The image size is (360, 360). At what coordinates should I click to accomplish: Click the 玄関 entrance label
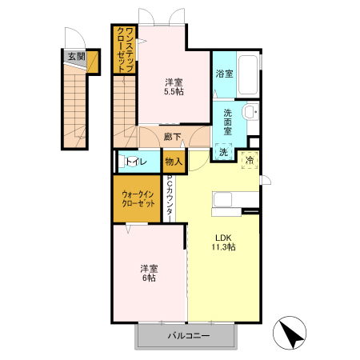(x=76, y=57)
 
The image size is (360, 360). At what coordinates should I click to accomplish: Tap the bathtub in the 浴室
(x=248, y=74)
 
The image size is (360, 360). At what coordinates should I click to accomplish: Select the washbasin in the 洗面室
(x=250, y=112)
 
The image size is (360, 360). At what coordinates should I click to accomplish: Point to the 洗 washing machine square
(x=223, y=152)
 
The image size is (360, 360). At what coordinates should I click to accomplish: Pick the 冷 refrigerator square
(x=250, y=160)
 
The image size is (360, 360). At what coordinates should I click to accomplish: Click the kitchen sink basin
(x=222, y=199)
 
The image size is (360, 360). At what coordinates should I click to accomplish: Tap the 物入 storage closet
(x=174, y=162)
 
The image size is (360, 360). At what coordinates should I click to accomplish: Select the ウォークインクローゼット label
(x=138, y=198)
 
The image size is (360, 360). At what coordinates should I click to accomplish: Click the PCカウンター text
(x=170, y=195)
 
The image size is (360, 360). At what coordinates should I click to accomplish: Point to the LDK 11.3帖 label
(x=223, y=242)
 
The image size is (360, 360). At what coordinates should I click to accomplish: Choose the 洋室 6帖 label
(x=149, y=273)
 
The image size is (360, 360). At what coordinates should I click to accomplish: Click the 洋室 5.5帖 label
(x=174, y=87)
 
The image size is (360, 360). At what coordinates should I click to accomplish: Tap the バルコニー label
(x=189, y=335)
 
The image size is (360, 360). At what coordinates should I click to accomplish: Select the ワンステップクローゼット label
(x=125, y=50)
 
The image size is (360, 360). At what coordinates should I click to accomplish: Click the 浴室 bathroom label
(x=224, y=74)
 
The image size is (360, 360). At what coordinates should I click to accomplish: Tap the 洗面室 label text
(x=227, y=122)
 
